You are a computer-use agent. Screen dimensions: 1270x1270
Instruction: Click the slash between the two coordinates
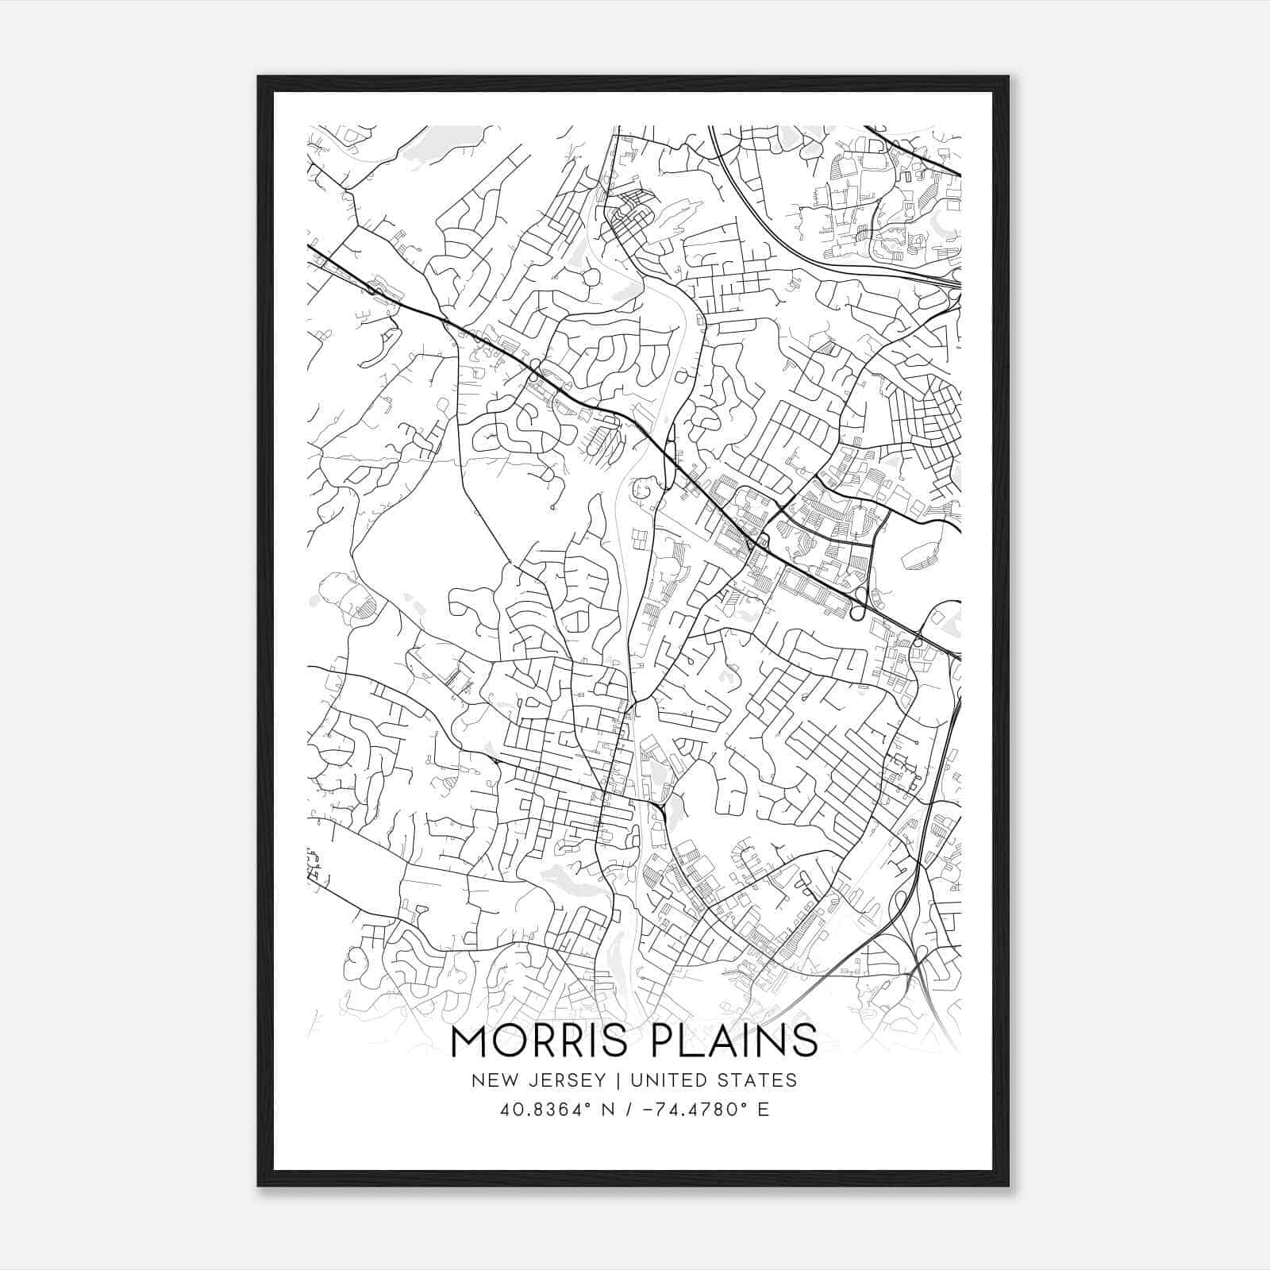pos(627,1110)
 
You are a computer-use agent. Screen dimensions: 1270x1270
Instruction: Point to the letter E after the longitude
pos(763,1110)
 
